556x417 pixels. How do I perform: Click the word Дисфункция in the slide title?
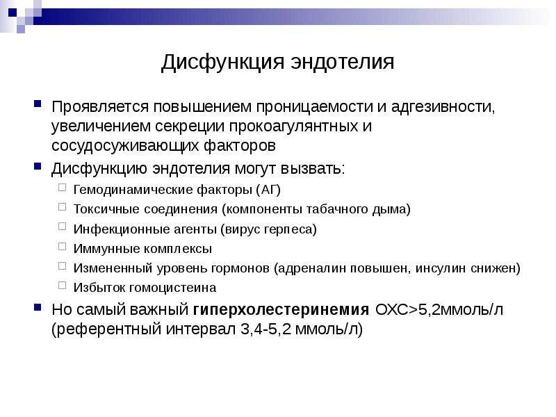pyautogui.click(x=222, y=63)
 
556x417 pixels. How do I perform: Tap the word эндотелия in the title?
pyautogui.click(x=343, y=62)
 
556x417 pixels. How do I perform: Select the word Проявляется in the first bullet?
pyautogui.click(x=100, y=107)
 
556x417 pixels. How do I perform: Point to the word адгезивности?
pyautogui.click(x=443, y=107)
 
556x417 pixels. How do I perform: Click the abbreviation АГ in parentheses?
pyautogui.click(x=268, y=190)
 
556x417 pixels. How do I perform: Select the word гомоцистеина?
pyautogui.click(x=172, y=288)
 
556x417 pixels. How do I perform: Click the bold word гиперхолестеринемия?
pyautogui.click(x=281, y=310)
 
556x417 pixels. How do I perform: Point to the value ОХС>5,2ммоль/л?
pyautogui.click(x=439, y=309)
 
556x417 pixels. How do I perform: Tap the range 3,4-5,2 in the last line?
pyautogui.click(x=265, y=329)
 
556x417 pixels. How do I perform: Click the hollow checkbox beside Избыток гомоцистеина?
pyautogui.click(x=62, y=286)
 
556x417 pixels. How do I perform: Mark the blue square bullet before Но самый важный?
pyautogui.click(x=38, y=307)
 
